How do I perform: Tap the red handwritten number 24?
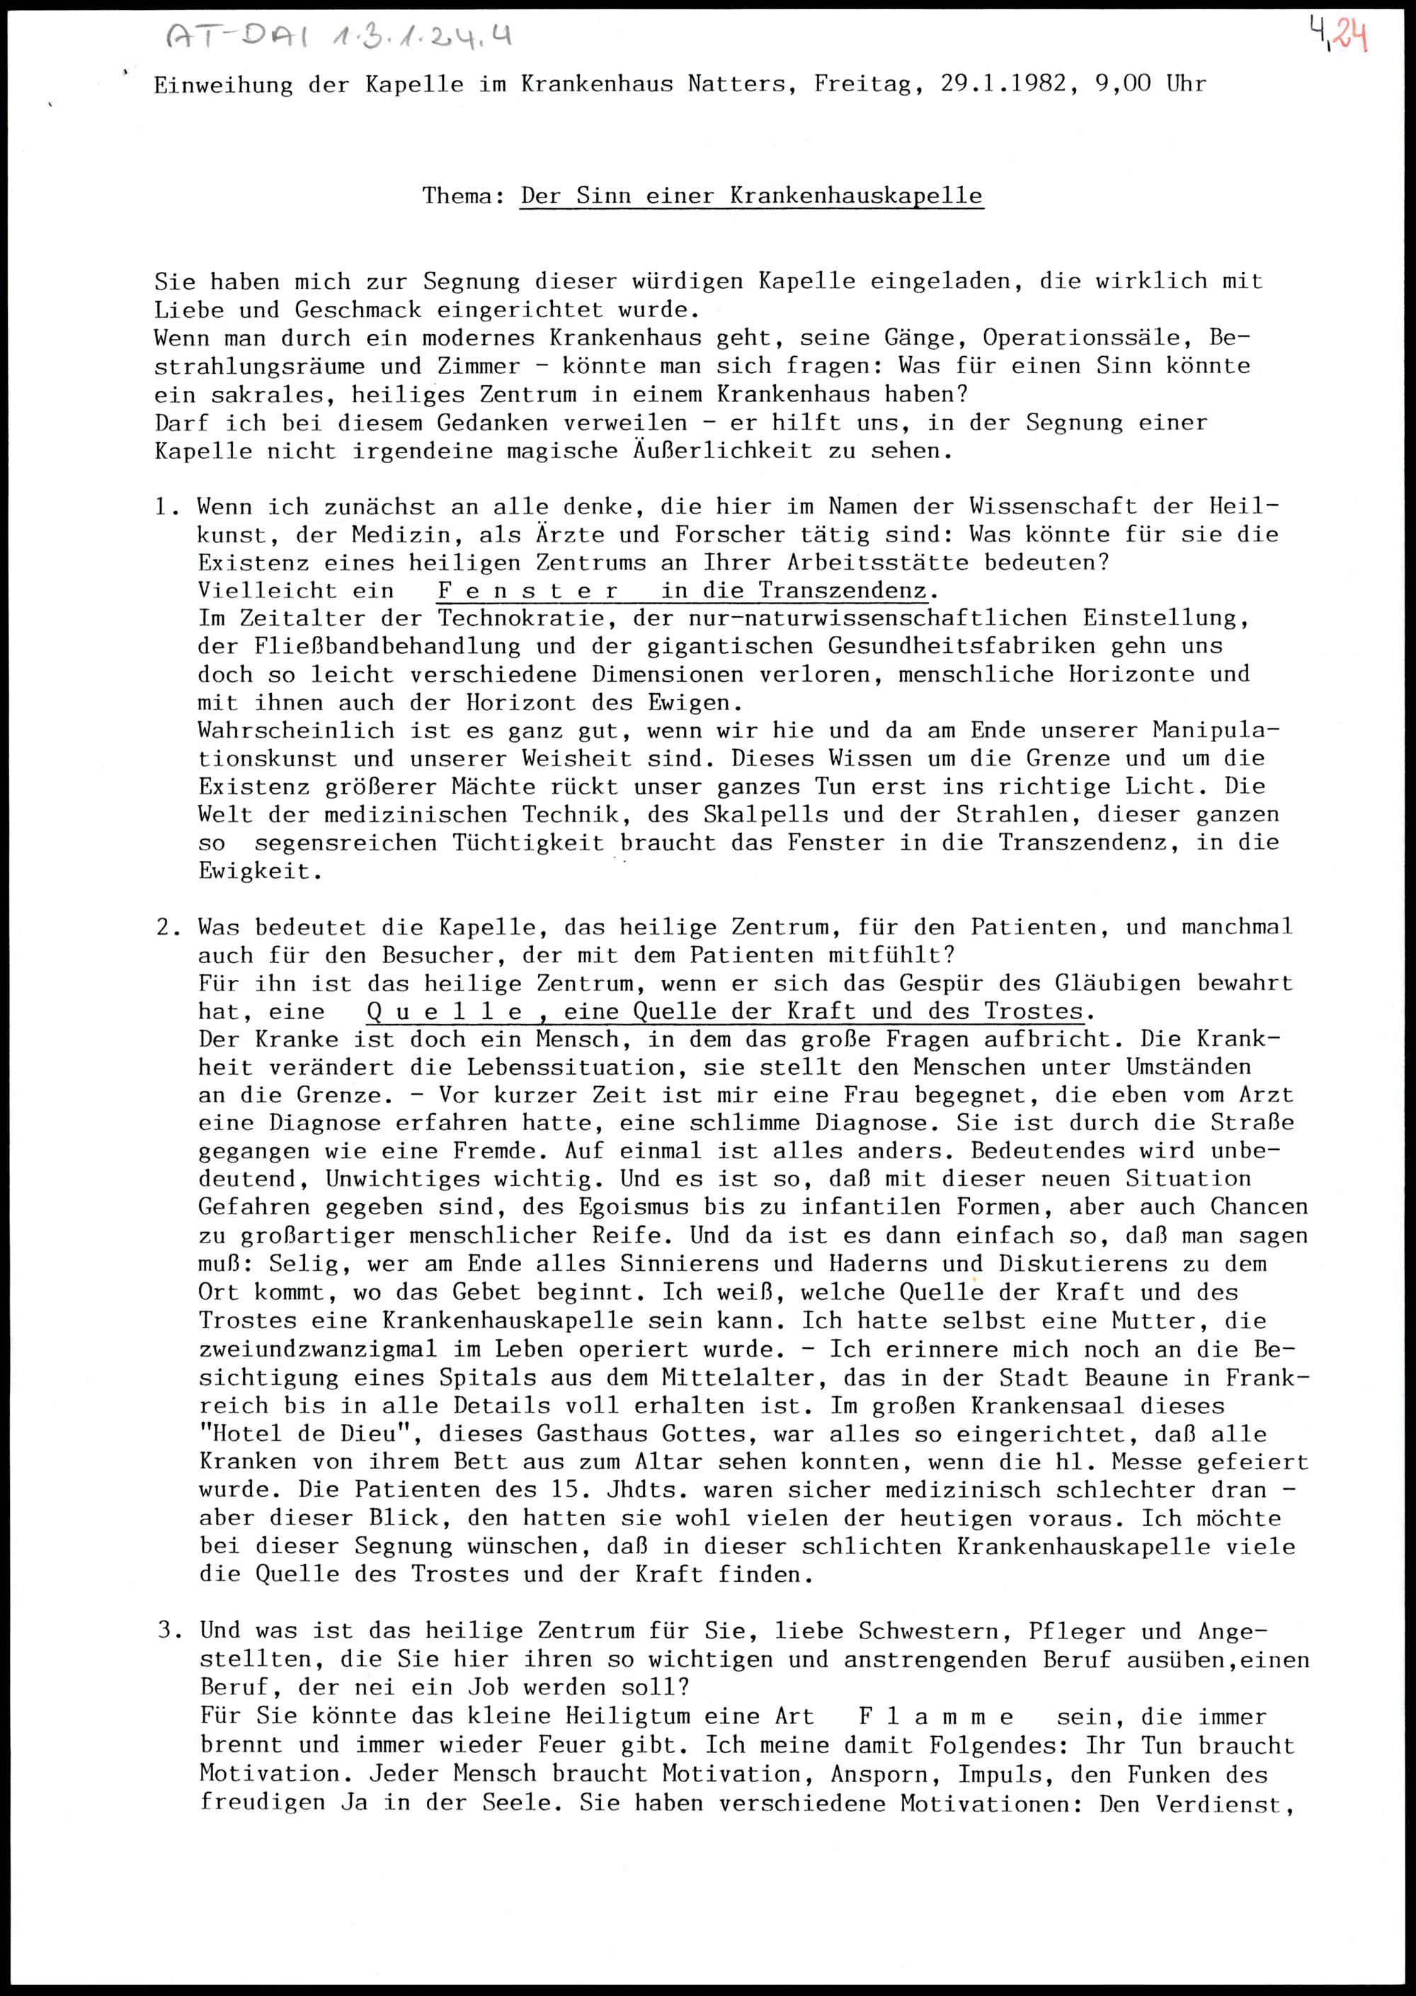(x=1349, y=37)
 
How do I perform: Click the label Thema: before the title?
(x=464, y=195)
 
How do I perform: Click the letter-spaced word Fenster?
(x=527, y=591)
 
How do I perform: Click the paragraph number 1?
(x=166, y=507)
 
